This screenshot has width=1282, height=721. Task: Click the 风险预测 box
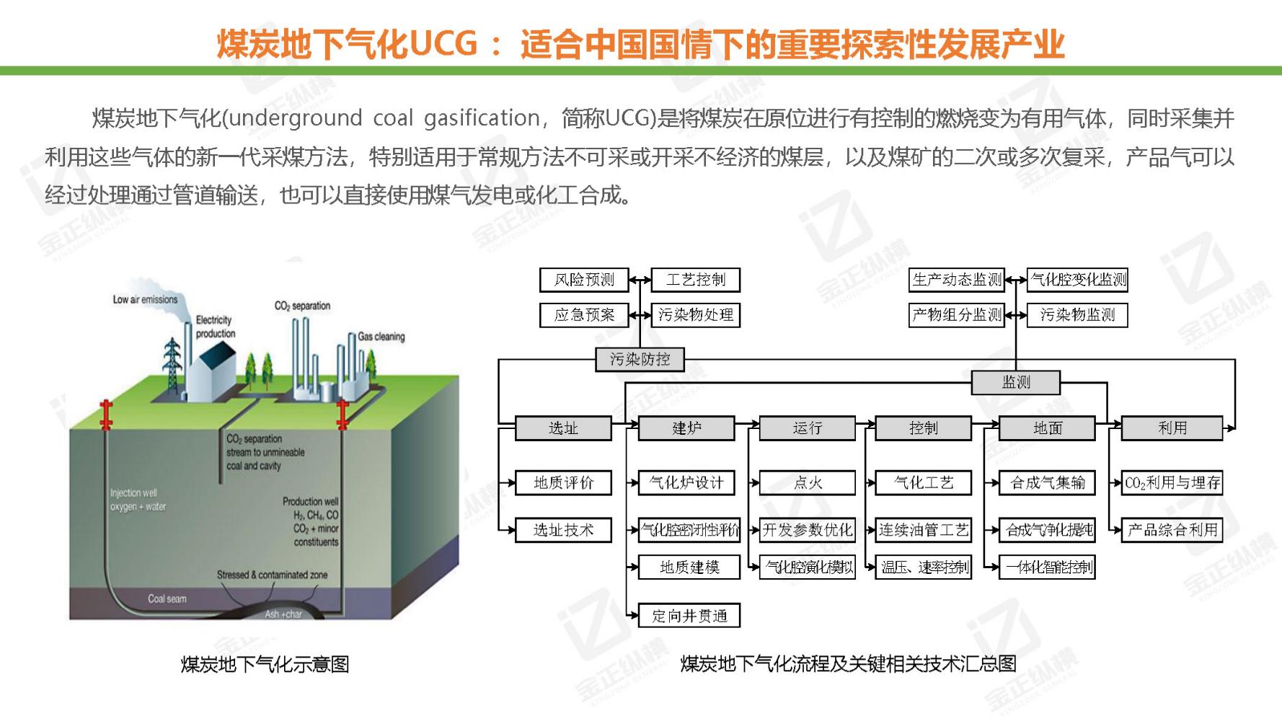(584, 280)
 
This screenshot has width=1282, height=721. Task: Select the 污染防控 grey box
(640, 359)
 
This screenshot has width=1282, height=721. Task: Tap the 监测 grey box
(1015, 382)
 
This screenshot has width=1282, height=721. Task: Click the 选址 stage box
(563, 428)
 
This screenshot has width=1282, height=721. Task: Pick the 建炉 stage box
(686, 428)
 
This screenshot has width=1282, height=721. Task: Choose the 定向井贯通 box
(689, 616)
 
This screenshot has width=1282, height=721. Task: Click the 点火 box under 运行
(808, 482)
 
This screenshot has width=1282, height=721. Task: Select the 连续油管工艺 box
(924, 530)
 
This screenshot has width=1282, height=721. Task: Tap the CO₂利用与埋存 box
(1172, 482)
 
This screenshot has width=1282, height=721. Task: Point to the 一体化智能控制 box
(1048, 567)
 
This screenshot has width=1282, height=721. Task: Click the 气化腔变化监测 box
(1078, 280)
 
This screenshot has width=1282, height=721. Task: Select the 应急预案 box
(584, 315)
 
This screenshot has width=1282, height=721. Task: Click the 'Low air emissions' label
(145, 299)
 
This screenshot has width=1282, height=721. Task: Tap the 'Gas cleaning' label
(381, 337)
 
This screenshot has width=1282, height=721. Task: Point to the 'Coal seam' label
(167, 598)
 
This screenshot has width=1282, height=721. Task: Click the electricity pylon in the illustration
(172, 367)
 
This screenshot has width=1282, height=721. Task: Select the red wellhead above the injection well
(107, 414)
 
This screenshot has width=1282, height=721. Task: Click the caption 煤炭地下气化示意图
(265, 663)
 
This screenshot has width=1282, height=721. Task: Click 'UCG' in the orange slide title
(443, 43)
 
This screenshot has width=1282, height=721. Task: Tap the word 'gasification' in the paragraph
(482, 118)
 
